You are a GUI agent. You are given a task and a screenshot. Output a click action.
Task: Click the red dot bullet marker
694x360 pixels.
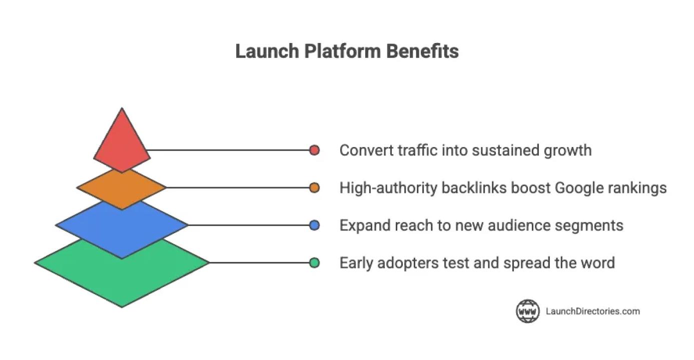tap(314, 150)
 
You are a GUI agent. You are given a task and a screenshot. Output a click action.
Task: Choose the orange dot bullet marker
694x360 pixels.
tap(314, 187)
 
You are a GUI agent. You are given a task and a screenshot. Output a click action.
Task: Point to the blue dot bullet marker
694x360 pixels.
tap(314, 225)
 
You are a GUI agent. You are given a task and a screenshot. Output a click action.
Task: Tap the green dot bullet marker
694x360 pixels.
tap(314, 262)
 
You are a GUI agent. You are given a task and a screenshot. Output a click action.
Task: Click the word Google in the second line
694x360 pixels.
tap(579, 188)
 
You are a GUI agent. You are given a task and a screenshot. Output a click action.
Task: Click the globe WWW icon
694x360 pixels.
tap(528, 311)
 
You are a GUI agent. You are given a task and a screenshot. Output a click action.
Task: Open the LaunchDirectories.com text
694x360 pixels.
tap(592, 311)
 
